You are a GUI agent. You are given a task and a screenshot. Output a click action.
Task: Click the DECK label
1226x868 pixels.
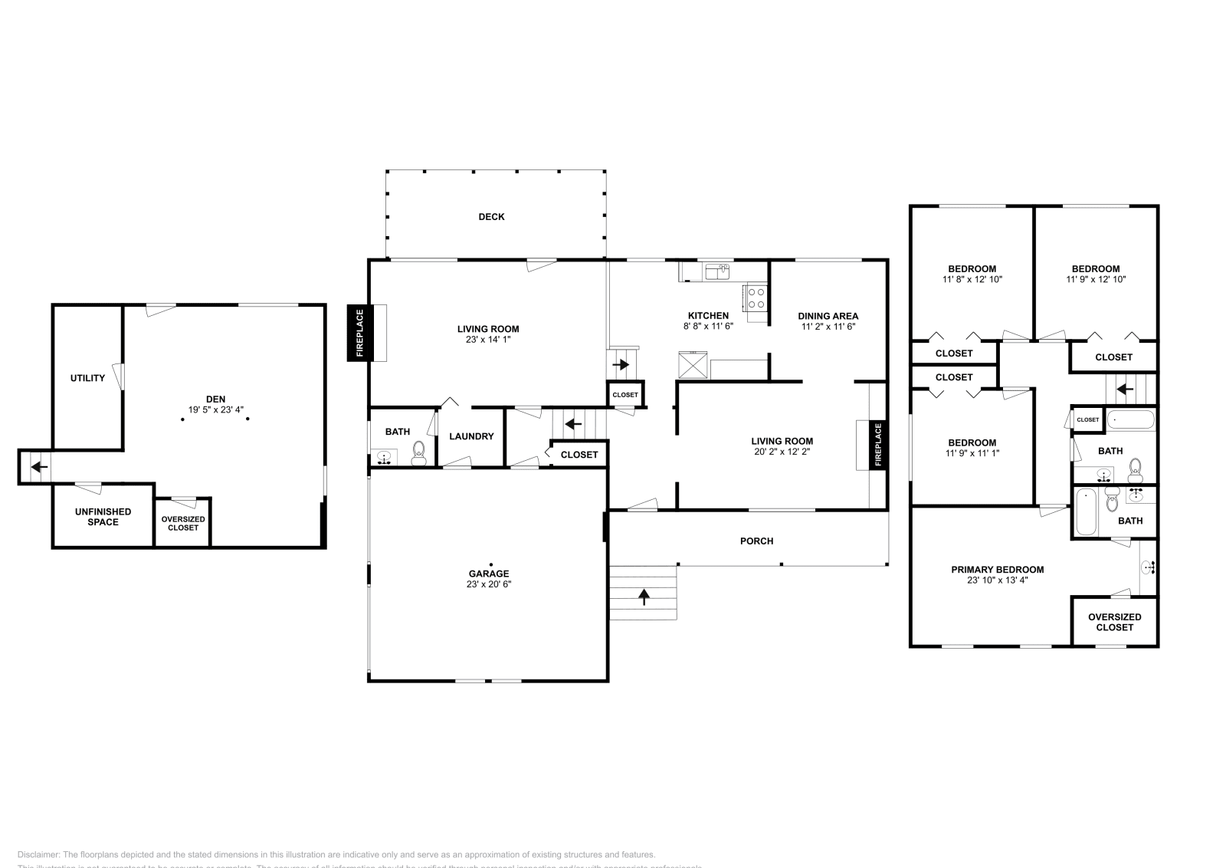(x=491, y=217)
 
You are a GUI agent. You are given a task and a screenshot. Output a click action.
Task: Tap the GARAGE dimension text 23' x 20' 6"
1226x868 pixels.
(x=489, y=584)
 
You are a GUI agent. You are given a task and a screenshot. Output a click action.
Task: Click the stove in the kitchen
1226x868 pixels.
(x=756, y=297)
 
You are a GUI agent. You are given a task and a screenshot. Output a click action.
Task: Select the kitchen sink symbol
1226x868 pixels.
(x=718, y=271)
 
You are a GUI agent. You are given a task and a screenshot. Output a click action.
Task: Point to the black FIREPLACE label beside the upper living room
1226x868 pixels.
(x=359, y=333)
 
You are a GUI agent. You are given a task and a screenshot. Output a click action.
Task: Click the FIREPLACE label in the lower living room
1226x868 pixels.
(x=878, y=445)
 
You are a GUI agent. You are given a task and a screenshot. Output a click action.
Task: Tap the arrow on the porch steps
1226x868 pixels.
(x=644, y=595)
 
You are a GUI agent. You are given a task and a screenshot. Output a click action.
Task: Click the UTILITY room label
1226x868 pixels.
(x=87, y=378)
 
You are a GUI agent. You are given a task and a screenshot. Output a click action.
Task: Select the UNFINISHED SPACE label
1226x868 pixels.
(x=103, y=517)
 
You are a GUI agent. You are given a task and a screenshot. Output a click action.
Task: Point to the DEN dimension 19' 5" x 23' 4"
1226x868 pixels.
(x=216, y=409)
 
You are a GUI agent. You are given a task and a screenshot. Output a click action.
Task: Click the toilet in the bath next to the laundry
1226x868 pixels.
(x=418, y=452)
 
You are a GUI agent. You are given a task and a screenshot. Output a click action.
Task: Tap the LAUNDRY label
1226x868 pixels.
(x=471, y=436)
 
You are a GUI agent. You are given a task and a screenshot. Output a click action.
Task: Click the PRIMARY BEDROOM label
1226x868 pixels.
(x=997, y=570)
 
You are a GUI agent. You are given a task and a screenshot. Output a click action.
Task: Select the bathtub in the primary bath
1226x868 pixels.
(x=1085, y=512)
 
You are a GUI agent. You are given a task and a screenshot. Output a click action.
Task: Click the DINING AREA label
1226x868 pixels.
(x=828, y=316)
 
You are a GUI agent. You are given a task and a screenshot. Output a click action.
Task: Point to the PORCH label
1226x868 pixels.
(x=756, y=541)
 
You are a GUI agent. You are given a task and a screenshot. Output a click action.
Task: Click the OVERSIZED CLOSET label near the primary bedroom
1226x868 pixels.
(x=1114, y=622)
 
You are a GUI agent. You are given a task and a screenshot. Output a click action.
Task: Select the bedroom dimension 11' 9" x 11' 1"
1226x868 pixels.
(x=972, y=453)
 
